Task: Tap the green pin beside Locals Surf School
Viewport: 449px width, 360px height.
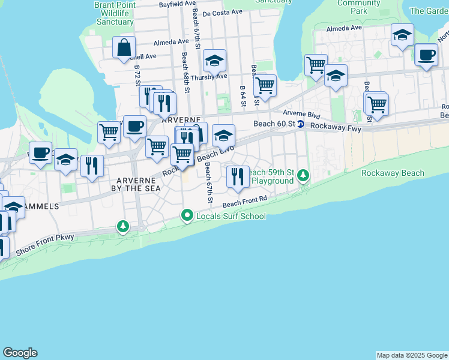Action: [187, 215]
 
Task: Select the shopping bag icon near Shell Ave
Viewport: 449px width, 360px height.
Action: [124, 47]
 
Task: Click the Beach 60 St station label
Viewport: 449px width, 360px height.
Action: [274, 124]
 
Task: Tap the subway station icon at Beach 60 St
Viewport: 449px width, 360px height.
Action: [301, 124]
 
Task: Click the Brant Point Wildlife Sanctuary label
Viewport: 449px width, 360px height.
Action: [114, 13]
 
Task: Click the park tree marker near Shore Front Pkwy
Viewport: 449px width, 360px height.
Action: [123, 226]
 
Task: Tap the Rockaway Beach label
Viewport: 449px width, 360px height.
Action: [393, 173]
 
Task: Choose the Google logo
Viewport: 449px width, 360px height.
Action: [20, 353]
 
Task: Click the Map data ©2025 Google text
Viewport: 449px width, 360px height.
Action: [411, 355]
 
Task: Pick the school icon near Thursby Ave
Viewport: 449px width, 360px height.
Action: [214, 61]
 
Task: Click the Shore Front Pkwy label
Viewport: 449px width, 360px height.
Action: [45, 244]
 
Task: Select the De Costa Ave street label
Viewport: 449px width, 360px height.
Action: [222, 12]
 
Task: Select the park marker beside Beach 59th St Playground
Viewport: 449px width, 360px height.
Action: [304, 175]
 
